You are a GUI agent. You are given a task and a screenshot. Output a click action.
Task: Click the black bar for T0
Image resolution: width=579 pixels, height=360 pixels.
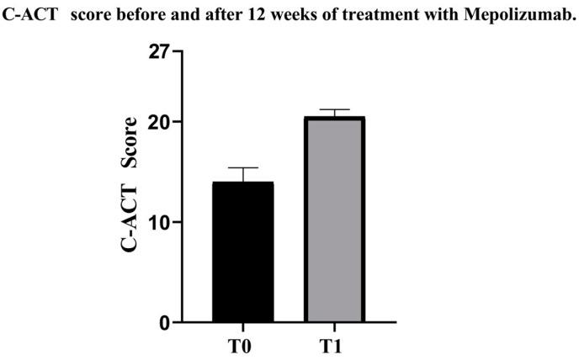(x=242, y=252)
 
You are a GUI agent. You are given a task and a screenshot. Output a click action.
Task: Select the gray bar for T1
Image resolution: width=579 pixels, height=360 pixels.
(x=335, y=220)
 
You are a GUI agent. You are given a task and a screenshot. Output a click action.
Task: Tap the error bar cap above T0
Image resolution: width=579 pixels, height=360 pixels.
(x=242, y=168)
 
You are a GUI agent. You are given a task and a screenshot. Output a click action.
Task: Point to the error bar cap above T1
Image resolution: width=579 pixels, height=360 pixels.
(x=335, y=110)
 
